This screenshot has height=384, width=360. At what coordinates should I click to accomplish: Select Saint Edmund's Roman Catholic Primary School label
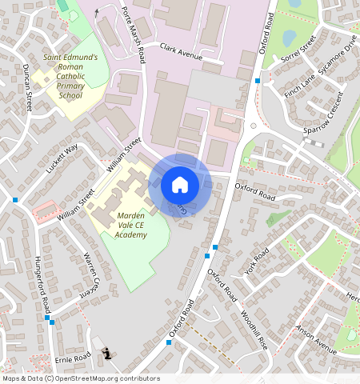click(70, 76)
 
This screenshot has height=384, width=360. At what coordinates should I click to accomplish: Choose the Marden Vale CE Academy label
click(130, 226)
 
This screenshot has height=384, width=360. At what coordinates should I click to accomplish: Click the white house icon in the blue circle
click(180, 185)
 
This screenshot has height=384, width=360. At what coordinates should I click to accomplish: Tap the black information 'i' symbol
click(107, 354)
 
